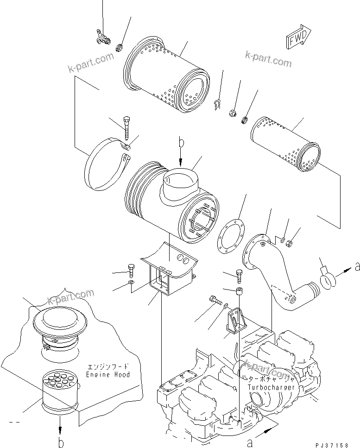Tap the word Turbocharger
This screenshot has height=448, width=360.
coord(271,387)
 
